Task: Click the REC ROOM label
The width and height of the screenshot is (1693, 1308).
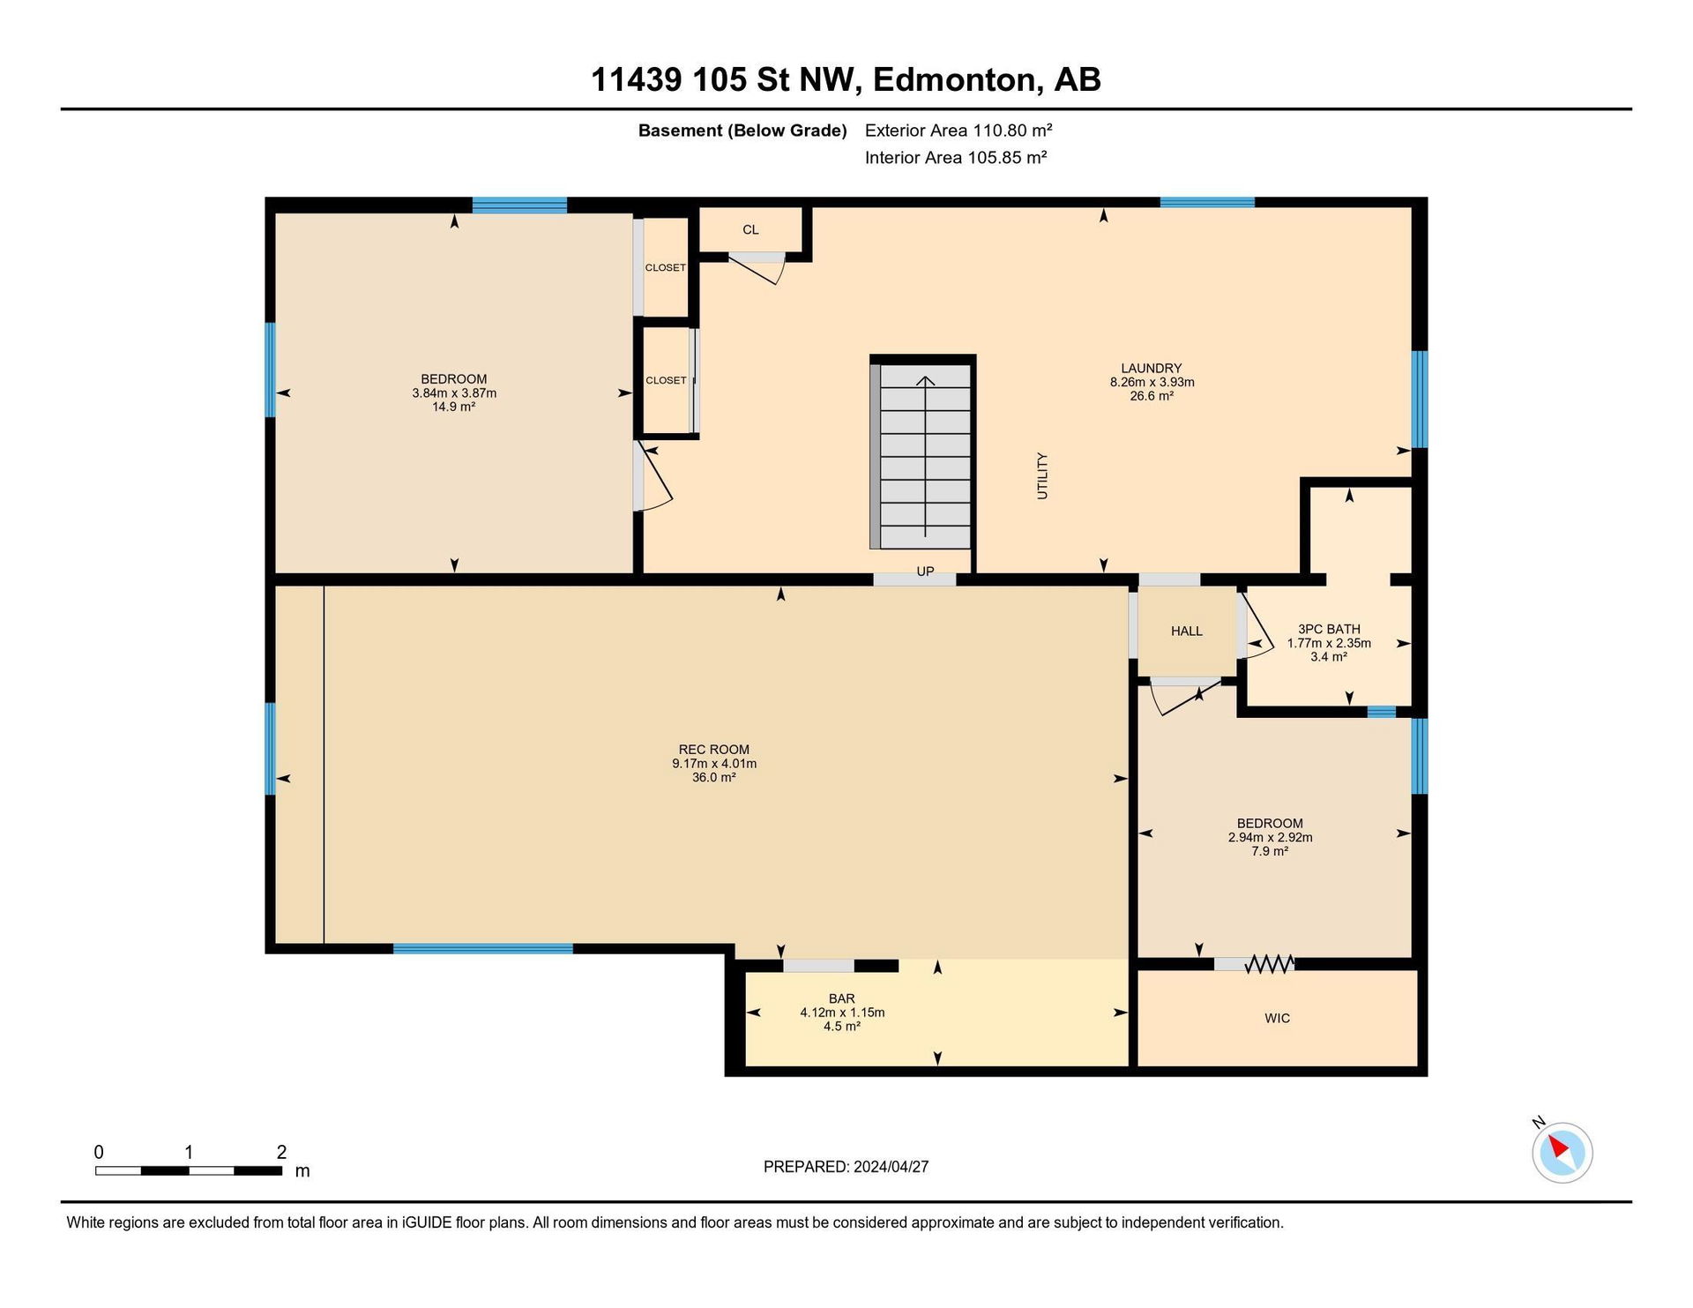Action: click(x=713, y=750)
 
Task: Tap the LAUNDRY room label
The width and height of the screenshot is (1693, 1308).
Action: click(x=1151, y=369)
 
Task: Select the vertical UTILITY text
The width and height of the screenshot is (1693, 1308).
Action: click(x=1042, y=476)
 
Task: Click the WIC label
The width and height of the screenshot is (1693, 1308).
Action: click(x=1277, y=1019)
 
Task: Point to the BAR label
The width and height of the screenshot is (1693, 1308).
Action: click(x=841, y=999)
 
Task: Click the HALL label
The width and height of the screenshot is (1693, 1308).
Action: click(x=1187, y=632)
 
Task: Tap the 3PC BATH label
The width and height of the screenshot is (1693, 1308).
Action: click(x=1329, y=629)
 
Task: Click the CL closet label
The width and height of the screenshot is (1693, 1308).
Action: click(x=750, y=230)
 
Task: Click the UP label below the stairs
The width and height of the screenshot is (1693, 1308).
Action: click(x=925, y=572)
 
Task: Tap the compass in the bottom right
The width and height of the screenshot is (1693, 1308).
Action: click(x=1562, y=1152)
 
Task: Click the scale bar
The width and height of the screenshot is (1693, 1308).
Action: click(x=189, y=1170)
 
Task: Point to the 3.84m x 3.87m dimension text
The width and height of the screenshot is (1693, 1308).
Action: click(x=454, y=393)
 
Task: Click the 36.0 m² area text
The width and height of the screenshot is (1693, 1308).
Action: click(x=713, y=778)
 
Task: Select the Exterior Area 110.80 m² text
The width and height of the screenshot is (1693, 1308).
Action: click(x=958, y=131)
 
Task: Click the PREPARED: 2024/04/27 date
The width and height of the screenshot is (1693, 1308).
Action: click(x=846, y=1167)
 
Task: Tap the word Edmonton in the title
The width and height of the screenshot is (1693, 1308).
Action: click(x=953, y=80)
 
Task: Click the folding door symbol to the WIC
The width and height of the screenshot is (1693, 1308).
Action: click(x=1269, y=964)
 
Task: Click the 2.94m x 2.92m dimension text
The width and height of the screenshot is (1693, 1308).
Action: click(x=1270, y=838)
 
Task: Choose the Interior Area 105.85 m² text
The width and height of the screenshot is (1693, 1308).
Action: click(x=956, y=158)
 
